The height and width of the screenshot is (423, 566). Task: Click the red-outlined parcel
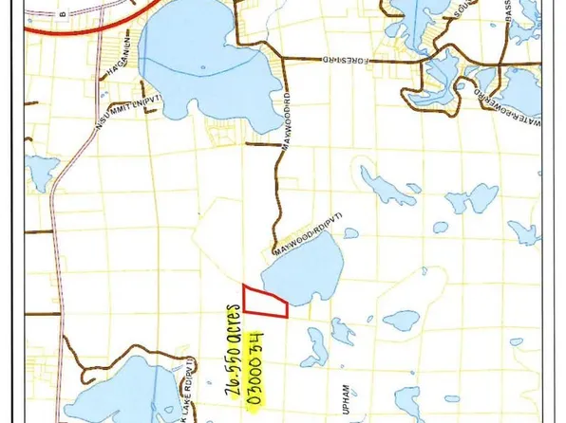(x=264, y=302)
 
